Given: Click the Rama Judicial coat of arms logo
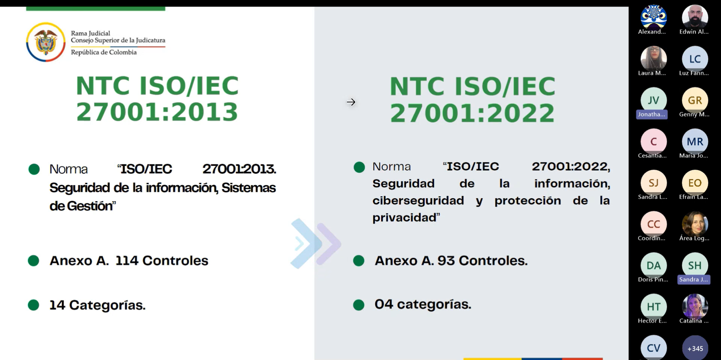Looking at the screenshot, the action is (46, 42).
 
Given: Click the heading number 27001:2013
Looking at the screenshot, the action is (157, 112).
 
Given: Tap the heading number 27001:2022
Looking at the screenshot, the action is (472, 113).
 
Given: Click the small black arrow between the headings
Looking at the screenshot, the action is (351, 102).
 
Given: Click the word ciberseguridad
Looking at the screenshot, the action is (418, 200).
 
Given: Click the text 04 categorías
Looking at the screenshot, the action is (423, 304).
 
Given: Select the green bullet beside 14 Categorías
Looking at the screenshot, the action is (33, 305).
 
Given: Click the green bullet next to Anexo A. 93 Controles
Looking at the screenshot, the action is (359, 261).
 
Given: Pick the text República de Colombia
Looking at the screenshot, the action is (104, 52).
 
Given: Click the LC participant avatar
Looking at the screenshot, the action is (695, 59).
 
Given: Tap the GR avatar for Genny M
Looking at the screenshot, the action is (695, 100).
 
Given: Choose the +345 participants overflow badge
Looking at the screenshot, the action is (695, 348).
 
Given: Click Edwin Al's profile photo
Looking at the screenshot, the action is (695, 17).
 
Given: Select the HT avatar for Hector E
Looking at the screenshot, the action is (653, 307).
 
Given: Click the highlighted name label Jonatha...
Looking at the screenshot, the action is (652, 114).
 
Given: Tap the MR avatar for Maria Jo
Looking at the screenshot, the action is (695, 142).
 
